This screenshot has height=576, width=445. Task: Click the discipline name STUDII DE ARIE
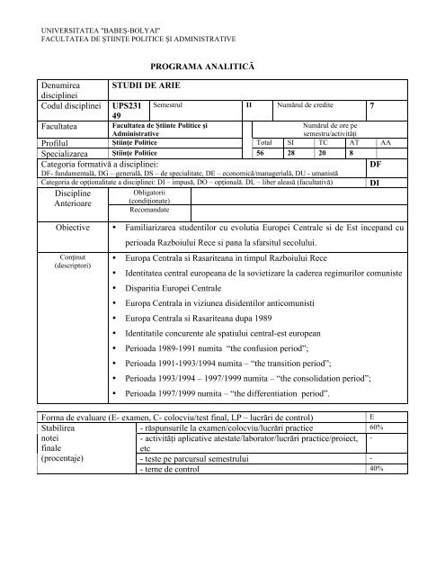click(143, 86)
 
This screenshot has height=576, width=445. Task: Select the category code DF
click(377, 166)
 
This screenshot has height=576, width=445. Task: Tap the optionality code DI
click(376, 182)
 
